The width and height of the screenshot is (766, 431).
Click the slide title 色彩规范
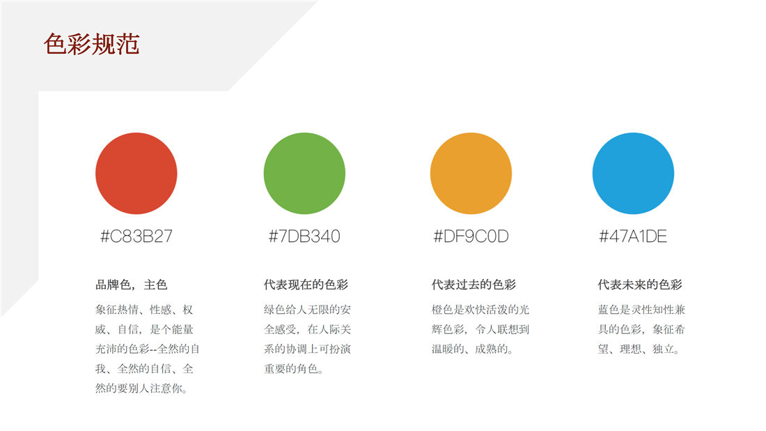pos(91,44)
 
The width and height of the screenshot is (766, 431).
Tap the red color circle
pos(136,173)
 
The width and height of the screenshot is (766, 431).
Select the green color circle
pos(304,173)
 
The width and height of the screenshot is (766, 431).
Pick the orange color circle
pos(471,173)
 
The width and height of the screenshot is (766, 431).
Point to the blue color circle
pos(633,173)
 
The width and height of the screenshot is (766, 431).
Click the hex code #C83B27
pos(136,236)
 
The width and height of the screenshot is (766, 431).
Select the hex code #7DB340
pos(304,236)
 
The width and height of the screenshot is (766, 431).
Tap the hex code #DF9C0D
pos(471,236)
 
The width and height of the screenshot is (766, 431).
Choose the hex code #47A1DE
pos(633,236)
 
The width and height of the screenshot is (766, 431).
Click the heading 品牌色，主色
pos(132,285)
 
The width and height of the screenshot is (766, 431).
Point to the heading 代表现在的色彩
pos(306,285)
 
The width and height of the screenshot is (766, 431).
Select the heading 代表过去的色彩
pos(474,285)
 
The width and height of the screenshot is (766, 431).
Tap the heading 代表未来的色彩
pos(640,285)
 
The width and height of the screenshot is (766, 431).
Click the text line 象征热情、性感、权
pos(144,310)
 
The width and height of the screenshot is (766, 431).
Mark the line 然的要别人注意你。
pos(141,388)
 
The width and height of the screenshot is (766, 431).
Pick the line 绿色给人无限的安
pos(307,310)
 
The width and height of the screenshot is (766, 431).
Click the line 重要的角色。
pos(294,369)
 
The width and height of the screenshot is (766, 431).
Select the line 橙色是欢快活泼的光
pos(480,310)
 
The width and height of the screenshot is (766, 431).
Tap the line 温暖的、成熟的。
pos(472,349)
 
